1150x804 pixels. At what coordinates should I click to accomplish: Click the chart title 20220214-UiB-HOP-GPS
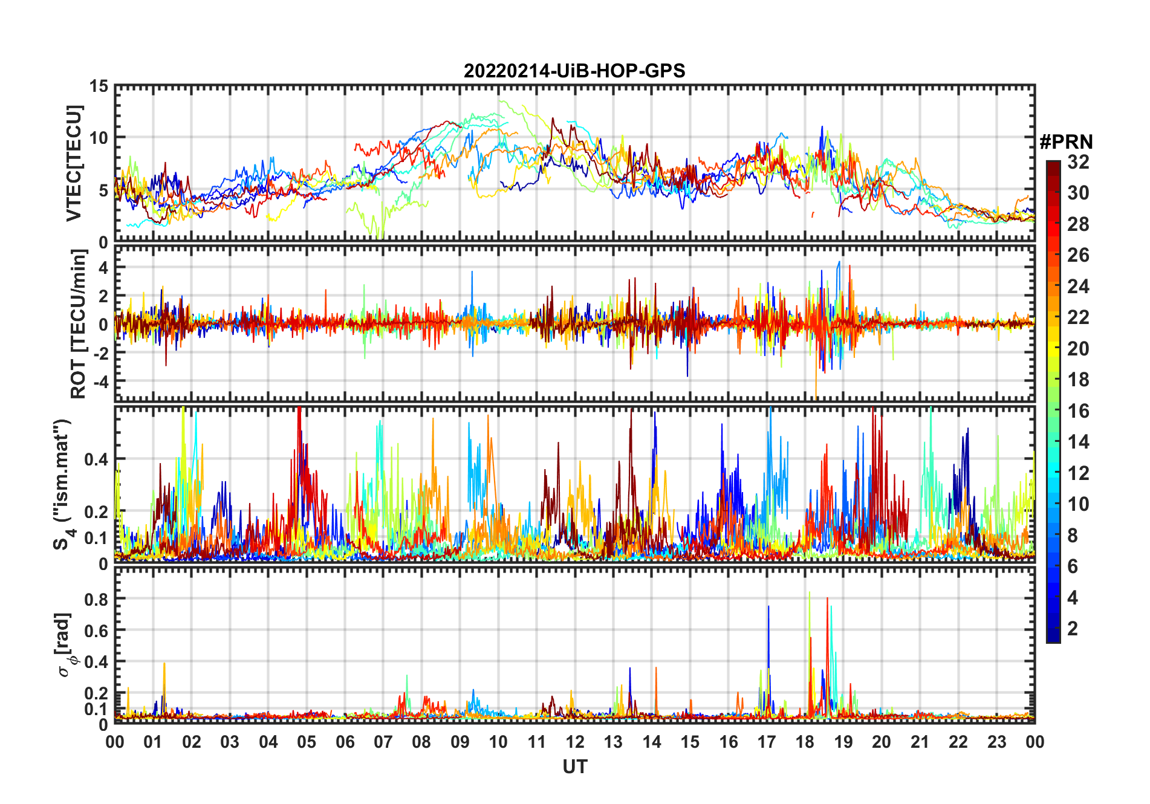pyautogui.click(x=574, y=71)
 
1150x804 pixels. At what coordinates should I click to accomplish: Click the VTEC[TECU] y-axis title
pyautogui.click(x=74, y=163)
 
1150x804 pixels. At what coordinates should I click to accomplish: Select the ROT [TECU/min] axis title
pyautogui.click(x=78, y=324)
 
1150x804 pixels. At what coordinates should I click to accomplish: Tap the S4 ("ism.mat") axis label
pyautogui.click(x=63, y=485)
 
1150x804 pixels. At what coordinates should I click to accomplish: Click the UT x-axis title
pyautogui.click(x=574, y=767)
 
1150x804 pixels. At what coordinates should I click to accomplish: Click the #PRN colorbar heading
pyautogui.click(x=1066, y=142)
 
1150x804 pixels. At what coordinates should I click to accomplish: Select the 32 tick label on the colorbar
pyautogui.click(x=1078, y=162)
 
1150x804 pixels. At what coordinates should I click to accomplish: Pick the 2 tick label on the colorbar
pyautogui.click(x=1073, y=629)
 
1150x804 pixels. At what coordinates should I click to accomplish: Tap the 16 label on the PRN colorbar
pyautogui.click(x=1078, y=411)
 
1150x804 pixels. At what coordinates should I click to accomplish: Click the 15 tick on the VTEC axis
pyautogui.click(x=99, y=86)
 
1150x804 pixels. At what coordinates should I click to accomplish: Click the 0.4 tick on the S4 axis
pyautogui.click(x=96, y=459)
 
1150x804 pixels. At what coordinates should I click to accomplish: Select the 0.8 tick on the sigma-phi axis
pyautogui.click(x=96, y=599)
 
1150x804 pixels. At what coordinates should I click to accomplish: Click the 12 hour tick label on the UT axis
pyautogui.click(x=575, y=742)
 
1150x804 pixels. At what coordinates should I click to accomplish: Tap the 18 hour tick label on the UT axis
pyautogui.click(x=805, y=742)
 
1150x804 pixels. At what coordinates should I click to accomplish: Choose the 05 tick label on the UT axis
pyautogui.click(x=307, y=742)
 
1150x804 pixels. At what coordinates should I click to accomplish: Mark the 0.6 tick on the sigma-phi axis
pyautogui.click(x=96, y=631)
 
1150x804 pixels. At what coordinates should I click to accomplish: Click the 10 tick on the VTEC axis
pyautogui.click(x=99, y=138)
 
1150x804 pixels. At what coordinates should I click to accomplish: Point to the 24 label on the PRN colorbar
pyautogui.click(x=1078, y=287)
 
